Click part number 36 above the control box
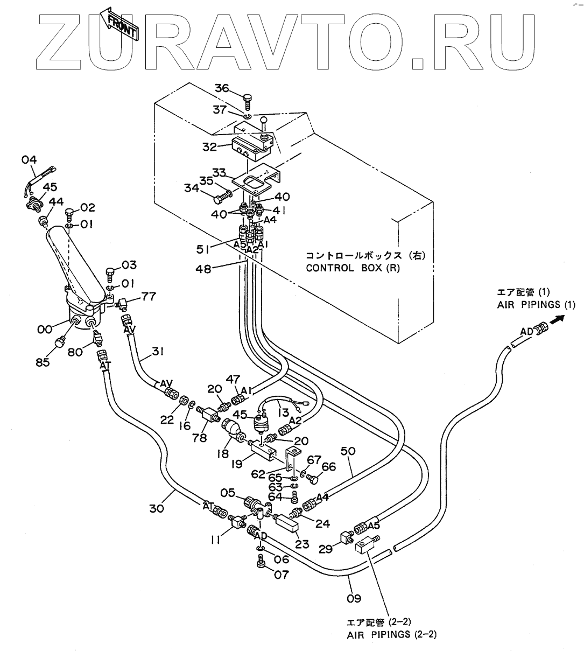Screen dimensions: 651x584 coord(222,88)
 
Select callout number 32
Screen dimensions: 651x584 coord(210,146)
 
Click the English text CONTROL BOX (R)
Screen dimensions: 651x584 coord(353,268)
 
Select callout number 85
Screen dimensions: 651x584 coord(43,362)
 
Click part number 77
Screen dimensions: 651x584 coord(149,295)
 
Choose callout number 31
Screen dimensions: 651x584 coord(158,352)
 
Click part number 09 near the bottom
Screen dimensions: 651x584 coord(354,598)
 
